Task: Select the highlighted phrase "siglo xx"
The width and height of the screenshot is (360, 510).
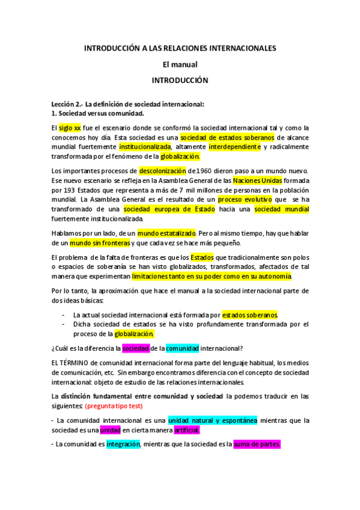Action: click(70, 127)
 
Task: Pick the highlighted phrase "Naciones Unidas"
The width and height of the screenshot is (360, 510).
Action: click(258, 180)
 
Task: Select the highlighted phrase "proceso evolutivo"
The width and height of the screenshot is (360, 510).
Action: click(245, 199)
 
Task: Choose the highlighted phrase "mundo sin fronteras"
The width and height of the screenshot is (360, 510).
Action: click(100, 243)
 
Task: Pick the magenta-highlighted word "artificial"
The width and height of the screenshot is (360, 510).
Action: click(186, 430)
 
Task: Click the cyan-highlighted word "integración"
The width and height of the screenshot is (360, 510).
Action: click(123, 444)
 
